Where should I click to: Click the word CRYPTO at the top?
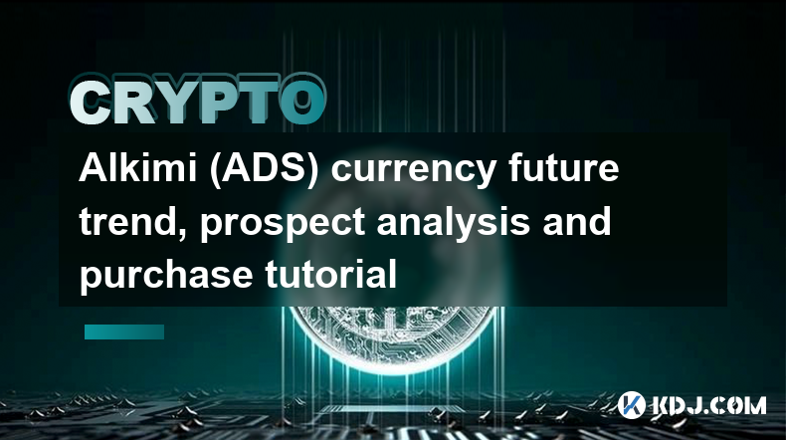[x=198, y=102]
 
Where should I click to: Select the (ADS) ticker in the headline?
[x=265, y=169]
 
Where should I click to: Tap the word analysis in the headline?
[x=454, y=223]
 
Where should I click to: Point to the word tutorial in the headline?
[x=331, y=274]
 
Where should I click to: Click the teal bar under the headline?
[x=124, y=331]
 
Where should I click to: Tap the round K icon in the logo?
[x=632, y=405]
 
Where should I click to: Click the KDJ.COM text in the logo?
[x=708, y=405]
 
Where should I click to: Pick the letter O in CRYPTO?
[x=302, y=102]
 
